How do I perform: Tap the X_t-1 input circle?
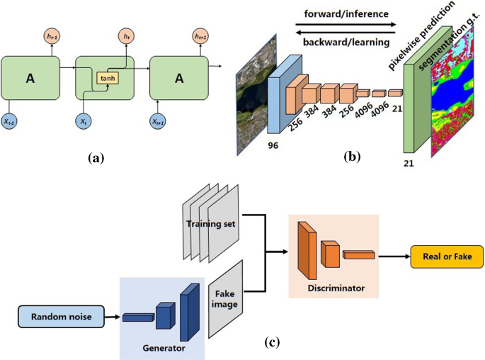[10, 122]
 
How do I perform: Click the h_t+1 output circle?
[200, 36]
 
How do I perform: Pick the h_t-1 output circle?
[54, 36]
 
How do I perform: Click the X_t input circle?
[84, 122]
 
